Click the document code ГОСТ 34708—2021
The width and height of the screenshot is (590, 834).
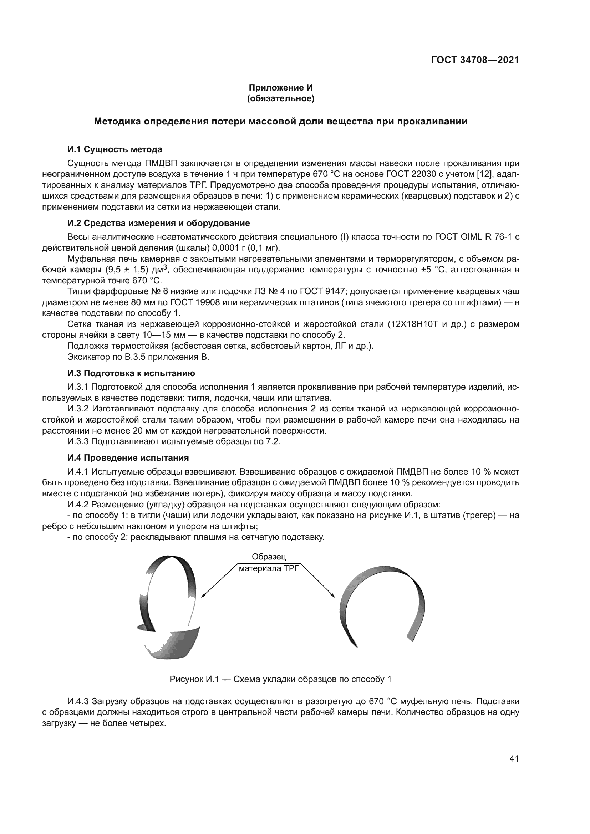[474, 60]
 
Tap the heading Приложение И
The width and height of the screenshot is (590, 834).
[280, 88]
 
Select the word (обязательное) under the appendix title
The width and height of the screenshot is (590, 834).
[280, 98]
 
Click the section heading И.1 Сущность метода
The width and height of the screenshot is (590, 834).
[115, 149]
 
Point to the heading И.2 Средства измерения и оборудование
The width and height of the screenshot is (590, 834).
[158, 222]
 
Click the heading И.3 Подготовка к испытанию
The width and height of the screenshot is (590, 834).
[131, 373]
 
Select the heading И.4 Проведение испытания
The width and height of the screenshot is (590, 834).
[128, 458]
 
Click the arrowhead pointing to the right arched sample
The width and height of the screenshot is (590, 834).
[332, 595]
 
